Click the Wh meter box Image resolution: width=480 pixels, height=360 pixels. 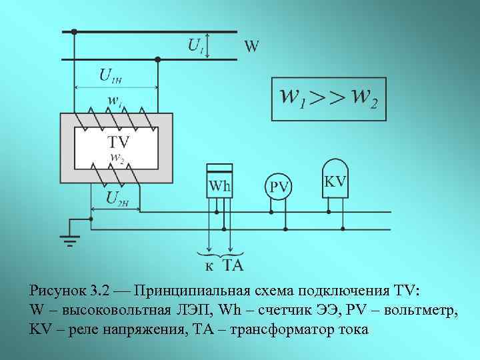(x=219, y=181)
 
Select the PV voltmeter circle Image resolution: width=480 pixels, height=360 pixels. (x=279, y=187)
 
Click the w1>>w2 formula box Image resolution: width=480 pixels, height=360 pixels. (x=329, y=99)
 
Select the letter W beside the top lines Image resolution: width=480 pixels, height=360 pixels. (x=251, y=46)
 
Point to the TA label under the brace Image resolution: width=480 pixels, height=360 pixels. (x=232, y=266)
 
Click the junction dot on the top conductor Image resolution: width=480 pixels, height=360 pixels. (x=74, y=31)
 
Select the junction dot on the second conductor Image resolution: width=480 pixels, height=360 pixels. (x=157, y=60)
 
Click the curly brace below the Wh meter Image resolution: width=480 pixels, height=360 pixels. (x=221, y=255)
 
